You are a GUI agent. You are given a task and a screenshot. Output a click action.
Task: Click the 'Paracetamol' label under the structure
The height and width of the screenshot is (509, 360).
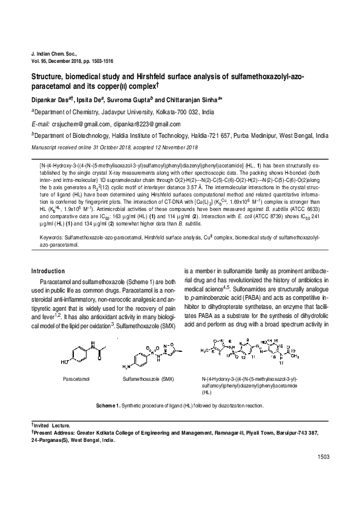[76, 378]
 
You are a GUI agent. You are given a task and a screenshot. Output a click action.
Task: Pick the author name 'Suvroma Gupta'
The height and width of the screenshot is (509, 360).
[129, 99]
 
